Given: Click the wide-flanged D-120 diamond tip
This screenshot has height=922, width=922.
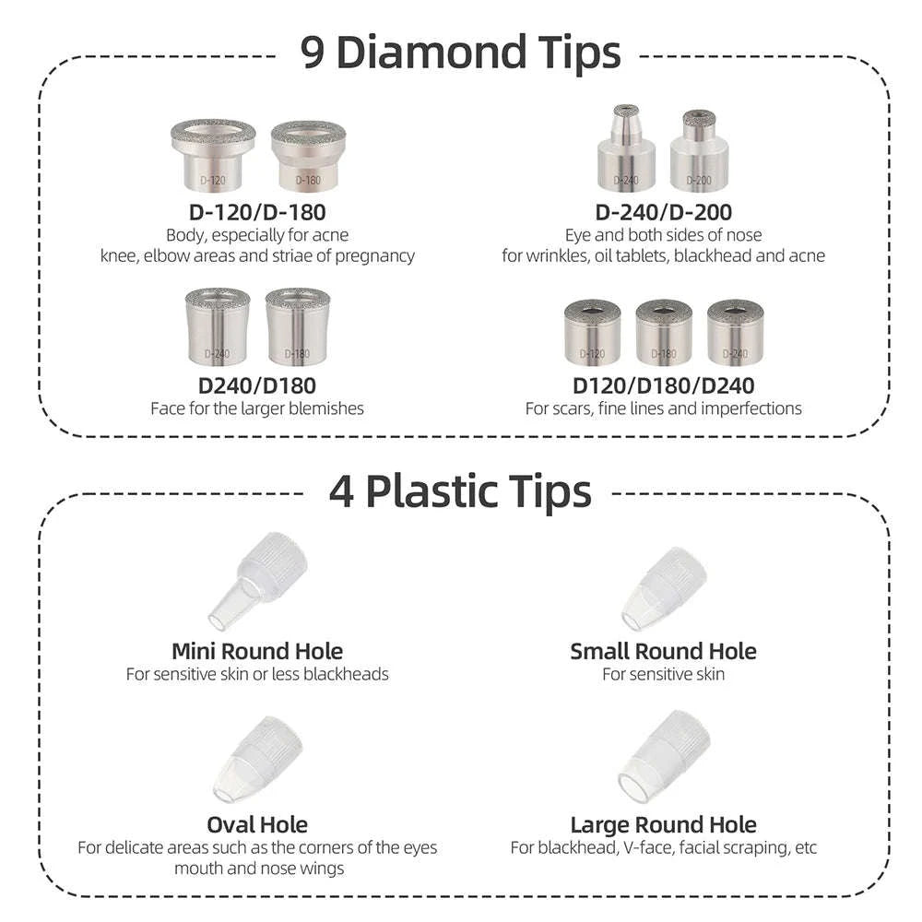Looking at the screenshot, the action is [213, 155].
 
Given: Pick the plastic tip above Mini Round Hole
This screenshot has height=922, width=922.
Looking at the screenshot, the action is [257, 580].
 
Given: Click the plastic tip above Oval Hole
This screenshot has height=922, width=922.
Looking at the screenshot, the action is [259, 759].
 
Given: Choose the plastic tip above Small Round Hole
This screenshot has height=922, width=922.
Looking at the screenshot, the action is [664, 590].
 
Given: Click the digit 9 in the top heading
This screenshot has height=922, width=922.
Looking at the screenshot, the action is [313, 53].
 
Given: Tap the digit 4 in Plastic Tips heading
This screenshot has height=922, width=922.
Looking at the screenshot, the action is [342, 491].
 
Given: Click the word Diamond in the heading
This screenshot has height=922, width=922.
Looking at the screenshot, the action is [431, 52].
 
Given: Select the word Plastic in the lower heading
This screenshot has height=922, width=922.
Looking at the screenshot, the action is [432, 491].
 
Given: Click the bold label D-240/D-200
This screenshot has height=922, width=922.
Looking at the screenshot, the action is [663, 212].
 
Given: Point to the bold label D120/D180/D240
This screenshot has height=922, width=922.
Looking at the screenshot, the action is [663, 385].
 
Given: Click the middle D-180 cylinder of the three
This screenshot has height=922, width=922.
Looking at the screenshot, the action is [664, 332].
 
